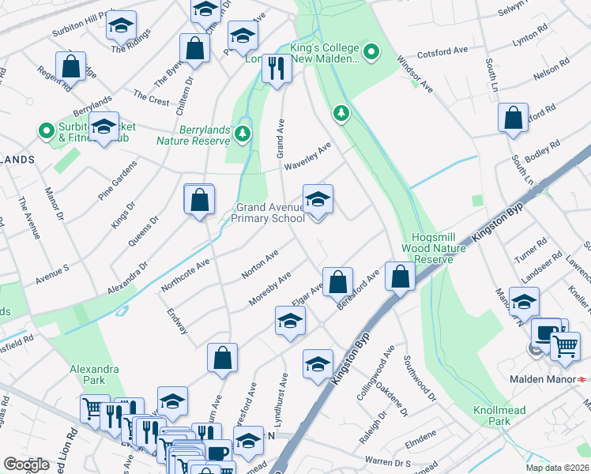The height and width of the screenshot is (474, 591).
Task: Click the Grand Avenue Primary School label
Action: tap(269, 213)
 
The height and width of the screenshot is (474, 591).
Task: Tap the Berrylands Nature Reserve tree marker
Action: tap(243, 134)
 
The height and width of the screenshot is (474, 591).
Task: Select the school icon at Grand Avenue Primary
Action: tap(318, 201)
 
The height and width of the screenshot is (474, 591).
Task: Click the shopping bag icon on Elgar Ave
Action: tap(337, 281)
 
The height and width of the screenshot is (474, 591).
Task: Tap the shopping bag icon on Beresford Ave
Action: tap(401, 277)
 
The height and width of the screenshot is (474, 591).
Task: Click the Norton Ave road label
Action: tap(260, 265)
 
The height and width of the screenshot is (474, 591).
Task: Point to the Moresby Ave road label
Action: tap(270, 289)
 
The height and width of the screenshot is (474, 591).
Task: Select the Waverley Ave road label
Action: tap(314, 151)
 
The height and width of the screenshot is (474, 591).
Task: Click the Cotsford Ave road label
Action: tap(443, 51)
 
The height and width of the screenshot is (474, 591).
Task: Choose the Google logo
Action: tap(26, 465)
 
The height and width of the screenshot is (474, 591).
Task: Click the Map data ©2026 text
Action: tap(557, 467)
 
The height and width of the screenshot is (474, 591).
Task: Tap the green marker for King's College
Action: tap(368, 53)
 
